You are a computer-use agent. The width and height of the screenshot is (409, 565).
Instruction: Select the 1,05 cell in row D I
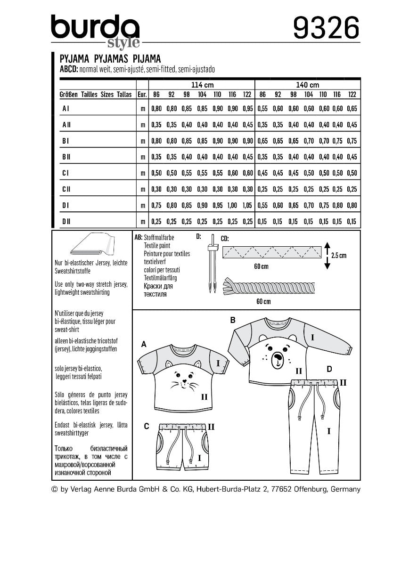pos(247,205)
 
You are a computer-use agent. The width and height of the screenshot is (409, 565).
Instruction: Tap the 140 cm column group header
pos(307,85)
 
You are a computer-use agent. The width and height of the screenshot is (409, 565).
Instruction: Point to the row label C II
pos(66,189)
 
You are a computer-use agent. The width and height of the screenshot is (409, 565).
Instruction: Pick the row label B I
pos(65,140)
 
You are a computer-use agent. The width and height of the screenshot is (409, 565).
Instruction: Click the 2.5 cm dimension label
pos(338,256)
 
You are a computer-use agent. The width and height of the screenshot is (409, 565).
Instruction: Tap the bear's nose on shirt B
pos(278,360)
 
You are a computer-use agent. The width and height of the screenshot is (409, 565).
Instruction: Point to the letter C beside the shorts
pos(147,426)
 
